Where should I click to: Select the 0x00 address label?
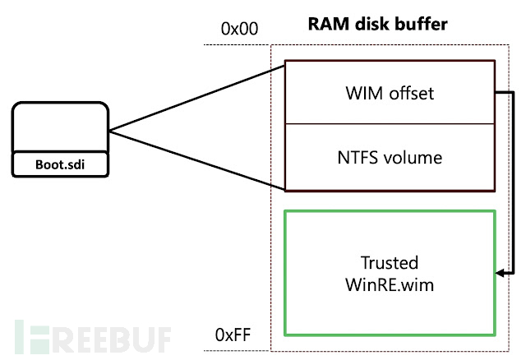click(239, 28)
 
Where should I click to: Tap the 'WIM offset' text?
click(390, 93)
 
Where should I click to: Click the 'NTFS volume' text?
click(390, 157)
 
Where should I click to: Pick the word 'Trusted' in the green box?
click(390, 263)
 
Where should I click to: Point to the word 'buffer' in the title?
click(425, 25)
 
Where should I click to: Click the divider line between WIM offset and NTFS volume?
click(390, 124)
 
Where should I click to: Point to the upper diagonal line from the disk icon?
click(197, 97)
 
